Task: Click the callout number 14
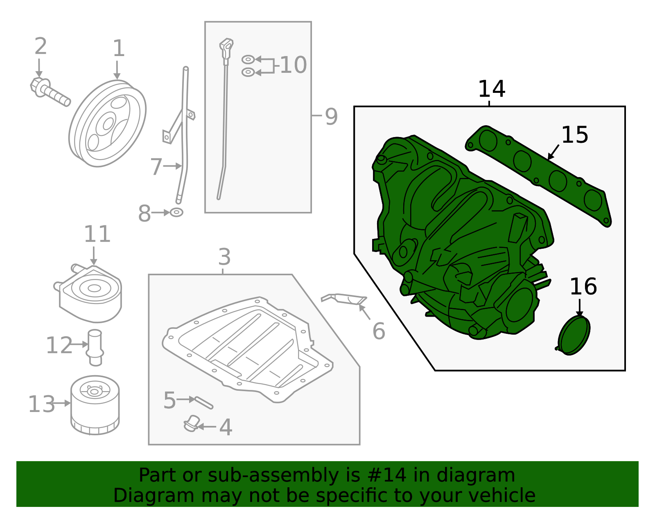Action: point(492,89)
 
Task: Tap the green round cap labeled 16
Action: point(574,335)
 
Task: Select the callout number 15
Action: point(574,135)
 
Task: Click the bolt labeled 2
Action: point(49,92)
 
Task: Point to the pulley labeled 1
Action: point(107,124)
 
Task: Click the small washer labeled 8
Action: point(176,212)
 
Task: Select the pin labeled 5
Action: point(204,403)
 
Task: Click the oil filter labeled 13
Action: point(95,405)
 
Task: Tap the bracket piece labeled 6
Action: point(344,299)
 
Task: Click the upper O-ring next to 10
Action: point(248,60)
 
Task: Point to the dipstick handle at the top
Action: point(226,45)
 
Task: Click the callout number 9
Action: point(331,116)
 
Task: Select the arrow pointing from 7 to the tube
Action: point(173,166)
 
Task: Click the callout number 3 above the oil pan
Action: point(224,257)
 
